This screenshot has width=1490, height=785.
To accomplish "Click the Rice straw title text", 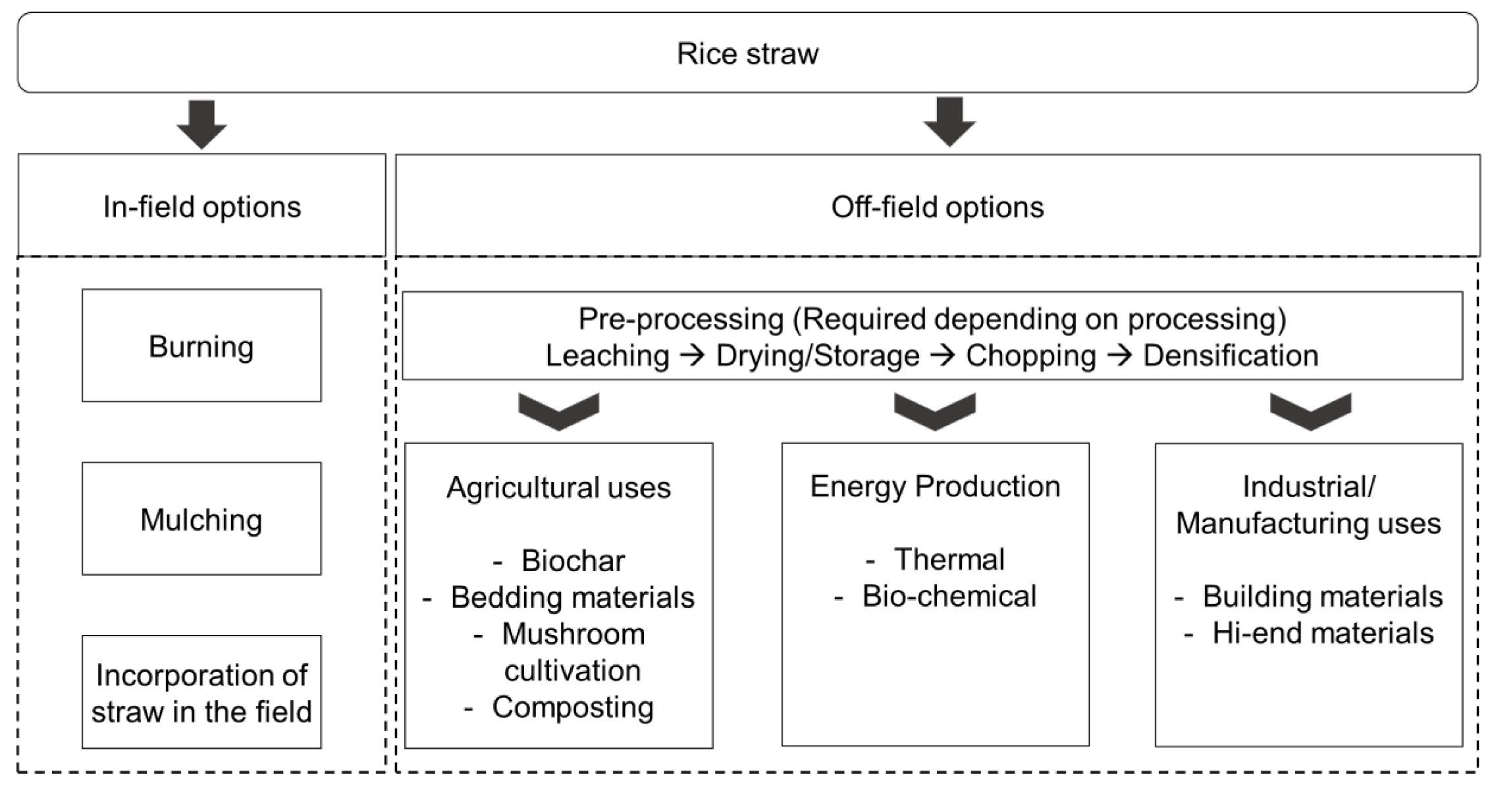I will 747,54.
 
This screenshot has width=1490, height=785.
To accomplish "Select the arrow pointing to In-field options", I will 201,124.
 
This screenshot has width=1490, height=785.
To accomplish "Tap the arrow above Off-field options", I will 949,122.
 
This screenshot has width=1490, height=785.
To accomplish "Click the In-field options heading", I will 201,207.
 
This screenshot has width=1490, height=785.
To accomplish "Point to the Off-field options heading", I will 937,207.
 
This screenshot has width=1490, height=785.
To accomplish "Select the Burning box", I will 201,346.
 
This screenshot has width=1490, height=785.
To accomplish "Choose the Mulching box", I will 201,519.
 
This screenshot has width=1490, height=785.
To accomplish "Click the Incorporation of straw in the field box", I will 201,692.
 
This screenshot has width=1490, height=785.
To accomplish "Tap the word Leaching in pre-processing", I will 606,356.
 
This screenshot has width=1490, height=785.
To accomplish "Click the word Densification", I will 1230,356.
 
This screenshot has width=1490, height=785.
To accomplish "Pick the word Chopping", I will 1030,356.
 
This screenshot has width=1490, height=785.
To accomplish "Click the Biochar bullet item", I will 572,560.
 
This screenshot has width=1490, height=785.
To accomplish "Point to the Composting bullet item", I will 572,707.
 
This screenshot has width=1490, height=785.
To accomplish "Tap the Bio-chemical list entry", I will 948,596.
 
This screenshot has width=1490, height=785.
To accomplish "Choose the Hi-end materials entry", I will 1322,633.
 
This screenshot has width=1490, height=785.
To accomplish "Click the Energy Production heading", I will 934,486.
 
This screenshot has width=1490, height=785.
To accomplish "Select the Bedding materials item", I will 572,597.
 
